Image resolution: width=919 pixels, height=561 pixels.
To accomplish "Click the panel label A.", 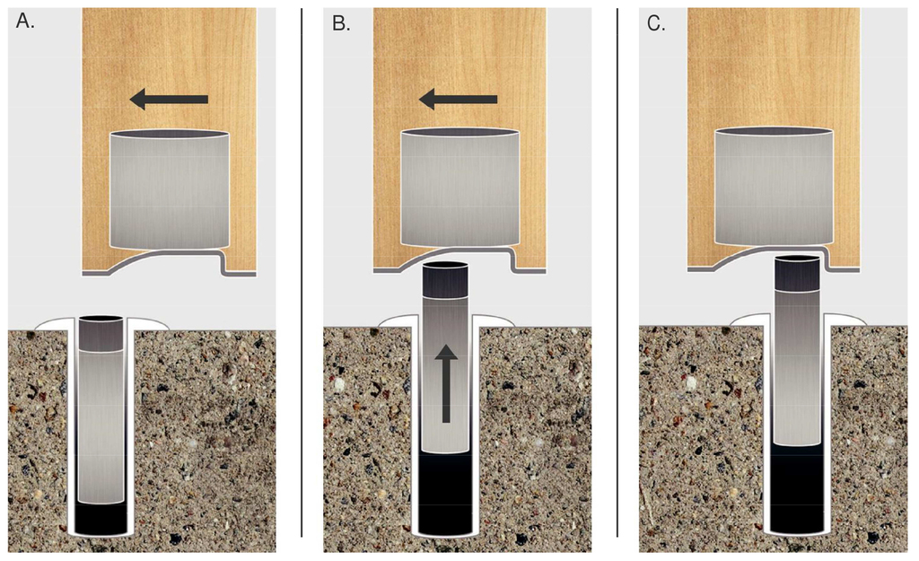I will tap(24, 23).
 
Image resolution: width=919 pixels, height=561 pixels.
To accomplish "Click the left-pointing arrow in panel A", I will tap(169, 100).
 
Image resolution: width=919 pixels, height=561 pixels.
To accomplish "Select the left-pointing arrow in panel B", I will tap(459, 99).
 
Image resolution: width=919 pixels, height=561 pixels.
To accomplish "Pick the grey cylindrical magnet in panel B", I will tap(459, 188).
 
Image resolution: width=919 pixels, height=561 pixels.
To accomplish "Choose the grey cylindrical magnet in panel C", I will tap(775, 188).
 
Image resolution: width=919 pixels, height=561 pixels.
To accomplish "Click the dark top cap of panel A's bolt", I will tap(101, 334).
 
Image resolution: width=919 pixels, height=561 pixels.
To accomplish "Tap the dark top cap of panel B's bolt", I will tap(445, 281).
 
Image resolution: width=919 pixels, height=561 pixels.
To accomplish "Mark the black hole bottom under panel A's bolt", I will tap(101, 519).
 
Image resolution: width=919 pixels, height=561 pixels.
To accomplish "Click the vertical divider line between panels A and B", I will tap(302, 269).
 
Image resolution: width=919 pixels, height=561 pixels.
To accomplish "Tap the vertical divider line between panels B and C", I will tap(617, 269).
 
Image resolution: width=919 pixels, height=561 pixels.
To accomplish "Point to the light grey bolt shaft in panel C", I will tap(798, 368).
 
